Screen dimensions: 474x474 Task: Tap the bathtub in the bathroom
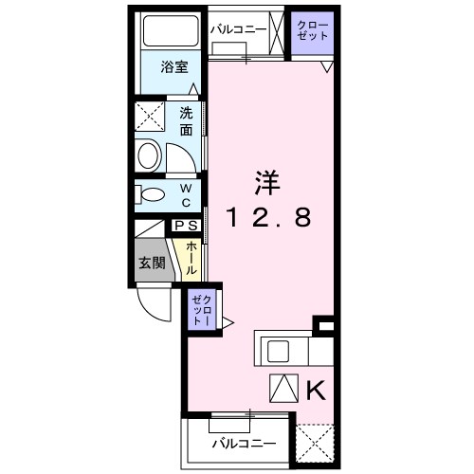169,34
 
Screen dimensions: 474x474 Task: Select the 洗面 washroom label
186,121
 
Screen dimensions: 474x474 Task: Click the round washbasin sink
150,156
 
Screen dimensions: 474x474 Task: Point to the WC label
186,194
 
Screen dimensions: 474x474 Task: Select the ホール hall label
192,257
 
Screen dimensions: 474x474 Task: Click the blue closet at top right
311,30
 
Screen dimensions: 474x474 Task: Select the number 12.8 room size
268,219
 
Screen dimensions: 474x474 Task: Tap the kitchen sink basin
279,352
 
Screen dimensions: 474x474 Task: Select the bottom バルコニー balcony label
244,442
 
